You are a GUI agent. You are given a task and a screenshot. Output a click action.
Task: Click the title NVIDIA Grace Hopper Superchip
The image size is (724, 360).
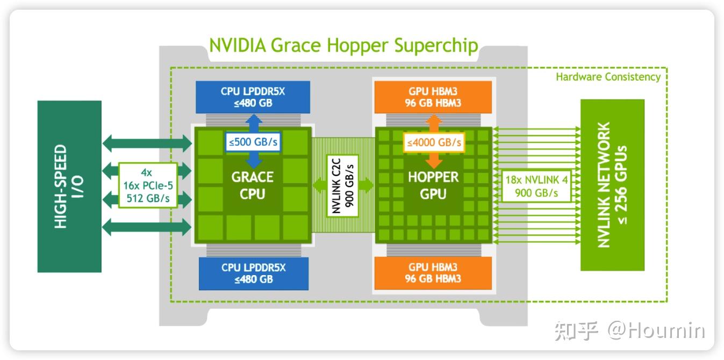point(343,45)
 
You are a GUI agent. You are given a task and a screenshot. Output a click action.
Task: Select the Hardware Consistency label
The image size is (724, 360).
point(608,77)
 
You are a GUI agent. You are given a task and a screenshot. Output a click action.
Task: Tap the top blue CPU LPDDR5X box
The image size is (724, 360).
point(253,97)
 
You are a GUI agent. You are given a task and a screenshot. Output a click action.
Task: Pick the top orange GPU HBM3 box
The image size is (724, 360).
point(433,97)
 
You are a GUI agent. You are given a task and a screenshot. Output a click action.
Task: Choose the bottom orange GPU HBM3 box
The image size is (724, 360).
point(433,273)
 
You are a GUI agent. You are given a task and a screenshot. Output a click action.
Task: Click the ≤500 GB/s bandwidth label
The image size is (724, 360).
point(253,143)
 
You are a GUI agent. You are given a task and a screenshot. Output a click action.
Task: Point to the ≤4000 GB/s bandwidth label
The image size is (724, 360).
point(434,143)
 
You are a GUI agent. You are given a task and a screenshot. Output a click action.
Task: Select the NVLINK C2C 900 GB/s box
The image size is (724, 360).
point(342,185)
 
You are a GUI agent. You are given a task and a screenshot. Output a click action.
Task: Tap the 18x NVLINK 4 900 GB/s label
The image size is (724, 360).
point(536,186)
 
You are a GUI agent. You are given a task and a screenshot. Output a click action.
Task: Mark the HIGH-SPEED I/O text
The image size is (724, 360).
point(69,186)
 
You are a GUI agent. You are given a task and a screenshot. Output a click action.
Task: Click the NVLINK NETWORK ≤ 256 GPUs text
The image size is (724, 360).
point(612,185)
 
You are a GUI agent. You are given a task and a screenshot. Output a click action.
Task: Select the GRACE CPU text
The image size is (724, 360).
point(253,185)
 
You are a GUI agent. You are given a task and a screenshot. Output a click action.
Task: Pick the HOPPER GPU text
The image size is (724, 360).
point(433,185)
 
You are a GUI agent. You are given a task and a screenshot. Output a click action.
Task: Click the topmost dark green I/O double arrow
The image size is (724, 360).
point(147,143)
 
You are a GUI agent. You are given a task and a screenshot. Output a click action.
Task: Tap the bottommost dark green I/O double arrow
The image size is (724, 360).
point(147,227)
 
